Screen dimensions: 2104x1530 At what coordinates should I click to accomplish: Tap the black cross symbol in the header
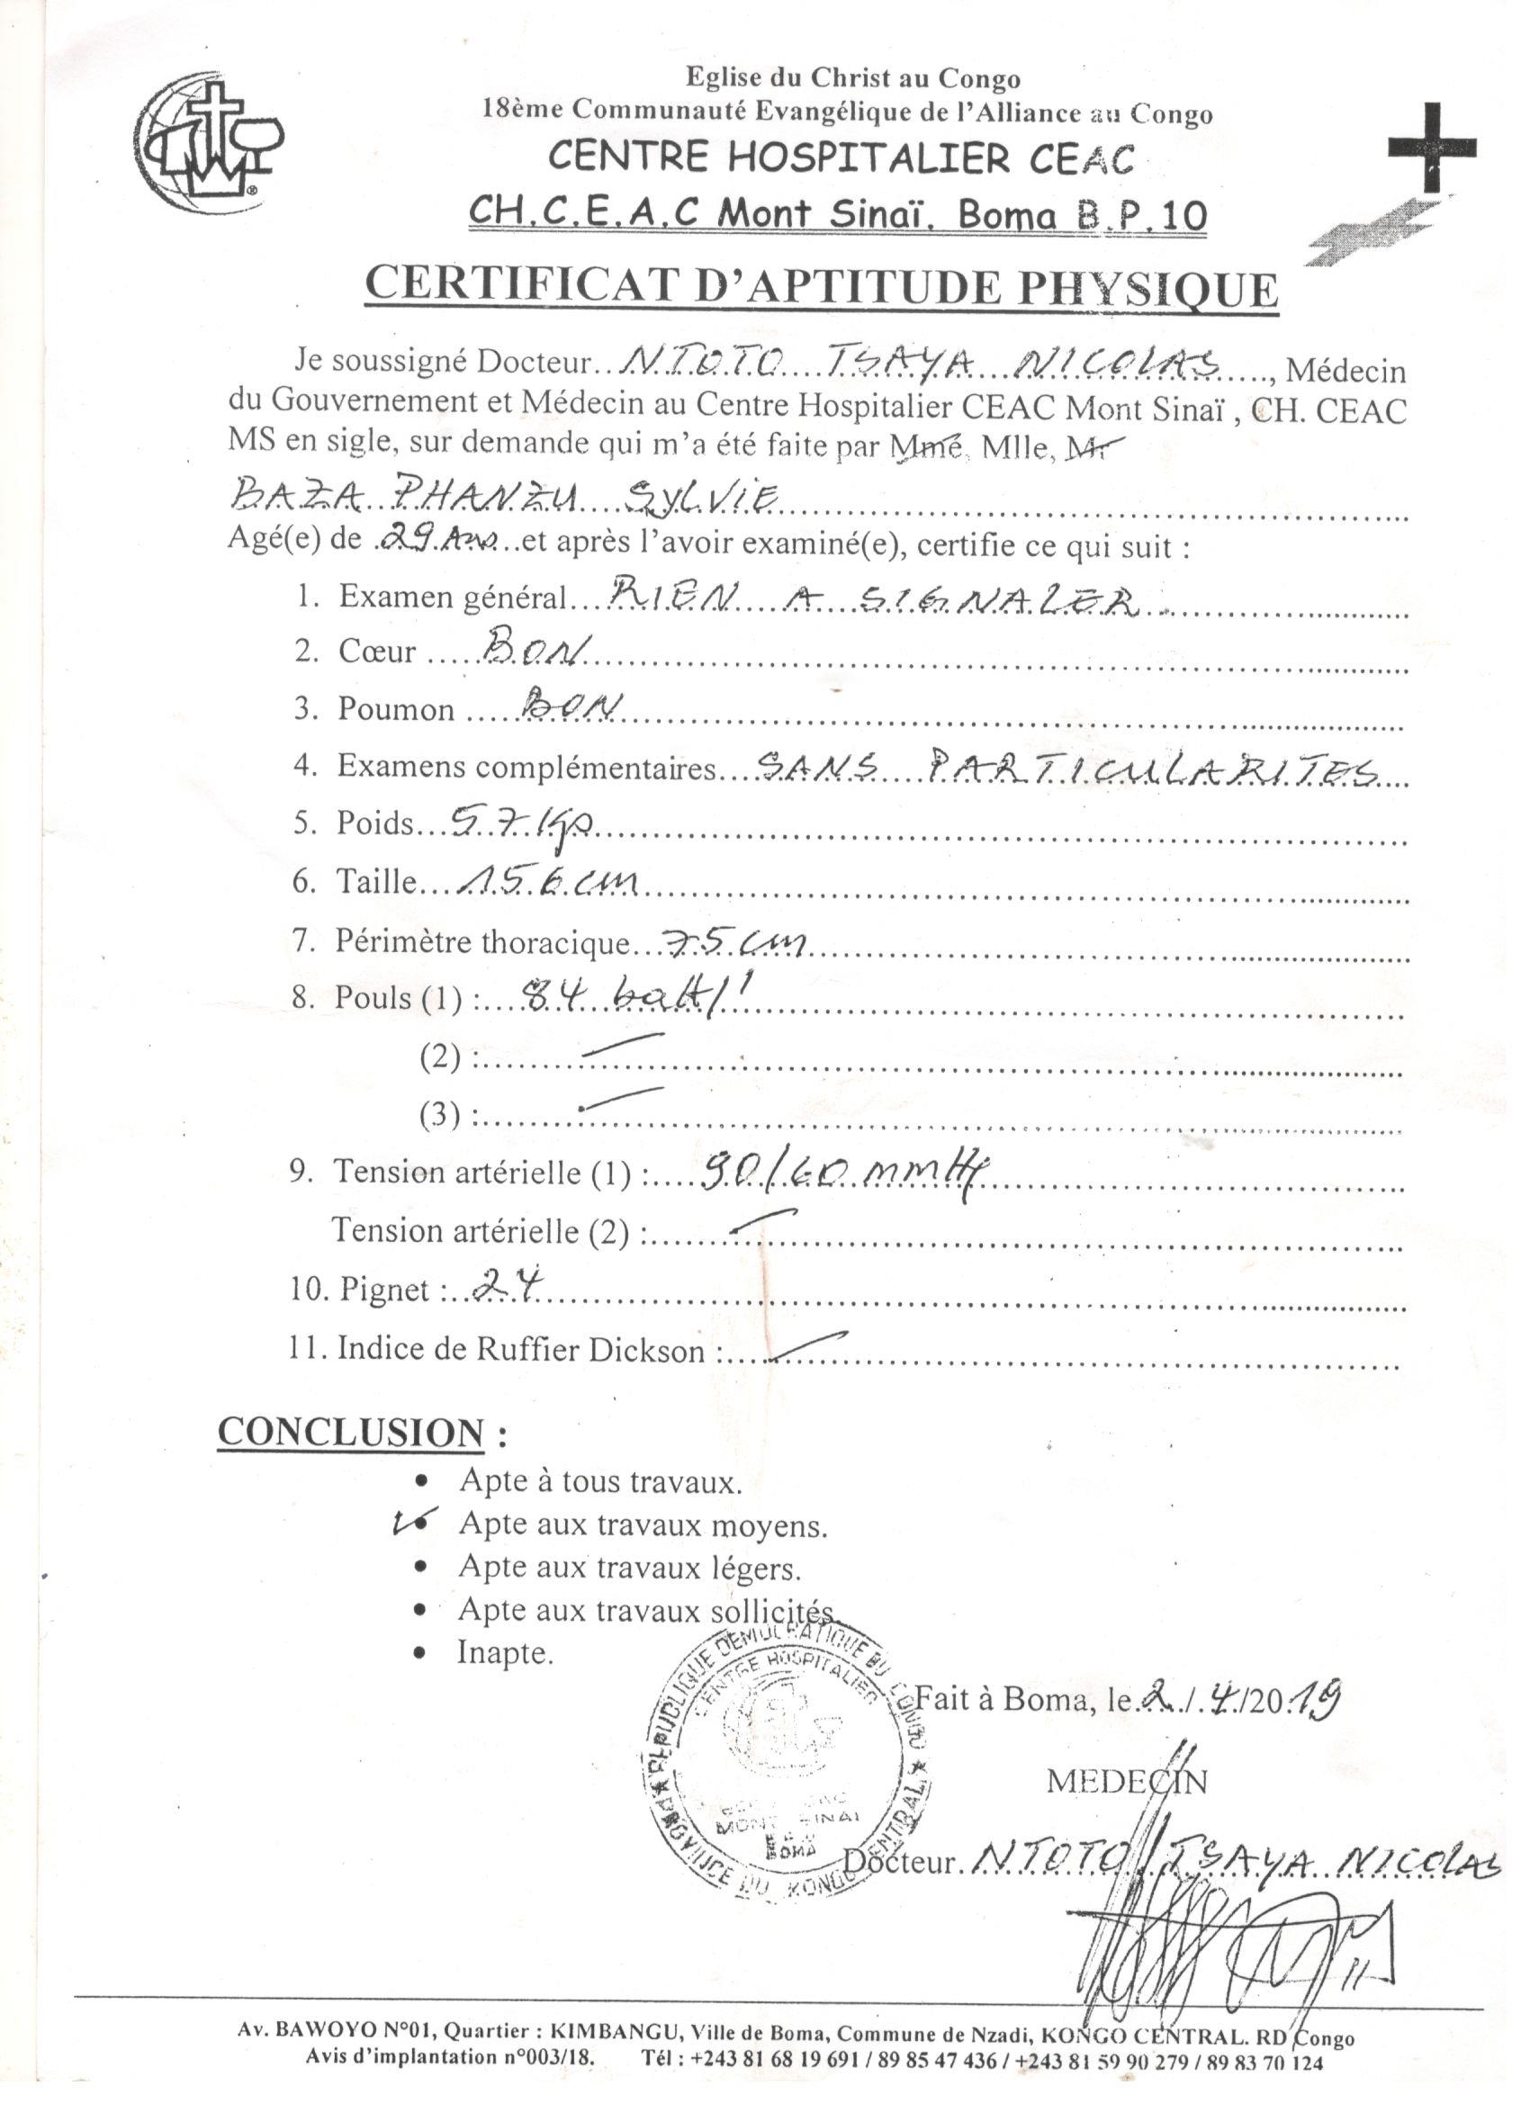(x=1431, y=148)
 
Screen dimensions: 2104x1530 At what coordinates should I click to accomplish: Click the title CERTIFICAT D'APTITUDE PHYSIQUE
(x=820, y=287)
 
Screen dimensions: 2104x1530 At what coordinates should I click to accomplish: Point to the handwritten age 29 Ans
(x=439, y=539)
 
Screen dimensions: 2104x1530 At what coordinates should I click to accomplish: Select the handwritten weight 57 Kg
(x=520, y=821)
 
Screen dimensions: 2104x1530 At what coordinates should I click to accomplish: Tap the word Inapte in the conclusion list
(x=505, y=1652)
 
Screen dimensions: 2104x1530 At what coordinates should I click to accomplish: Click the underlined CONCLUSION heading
(x=351, y=1432)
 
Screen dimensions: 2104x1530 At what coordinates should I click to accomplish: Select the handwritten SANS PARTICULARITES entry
(x=1067, y=766)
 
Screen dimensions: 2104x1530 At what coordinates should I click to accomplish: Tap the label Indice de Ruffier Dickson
(x=520, y=1349)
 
